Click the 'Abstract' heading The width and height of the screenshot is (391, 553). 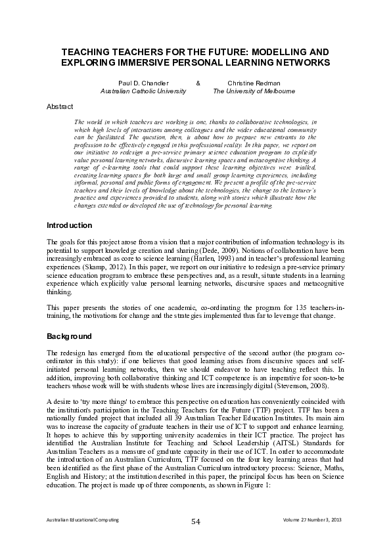[60, 106]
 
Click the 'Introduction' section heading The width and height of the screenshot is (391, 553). [70, 225]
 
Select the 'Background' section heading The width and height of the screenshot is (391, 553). [69, 336]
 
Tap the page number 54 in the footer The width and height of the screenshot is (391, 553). [195, 521]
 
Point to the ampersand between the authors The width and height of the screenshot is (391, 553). [198, 83]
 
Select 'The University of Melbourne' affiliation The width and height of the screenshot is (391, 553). [254, 92]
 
